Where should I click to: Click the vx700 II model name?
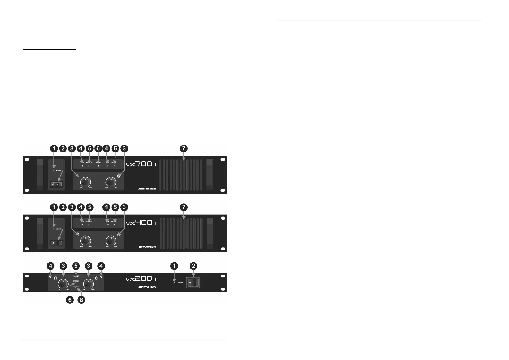(141, 165)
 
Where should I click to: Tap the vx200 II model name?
(141, 279)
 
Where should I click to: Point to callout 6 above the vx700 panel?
(98, 149)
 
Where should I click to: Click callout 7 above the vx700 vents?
(184, 149)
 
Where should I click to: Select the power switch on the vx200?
(193, 283)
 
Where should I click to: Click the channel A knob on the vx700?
(86, 182)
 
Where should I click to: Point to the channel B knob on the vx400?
(111, 241)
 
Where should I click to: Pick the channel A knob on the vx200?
(63, 284)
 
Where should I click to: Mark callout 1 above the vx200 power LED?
(174, 266)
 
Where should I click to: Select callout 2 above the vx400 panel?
(63, 207)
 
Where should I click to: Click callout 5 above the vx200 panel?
(76, 266)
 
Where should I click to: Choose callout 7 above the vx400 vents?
(184, 207)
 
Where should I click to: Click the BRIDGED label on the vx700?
(98, 162)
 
